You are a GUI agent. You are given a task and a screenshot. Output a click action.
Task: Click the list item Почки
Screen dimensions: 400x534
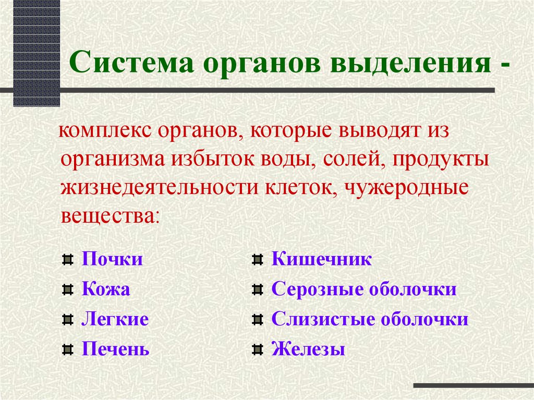(112, 259)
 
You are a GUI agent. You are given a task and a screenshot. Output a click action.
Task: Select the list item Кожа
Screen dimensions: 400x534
(106, 289)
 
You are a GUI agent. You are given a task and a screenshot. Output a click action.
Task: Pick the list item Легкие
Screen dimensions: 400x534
(115, 319)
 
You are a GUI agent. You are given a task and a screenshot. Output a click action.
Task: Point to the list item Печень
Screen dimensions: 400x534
(115, 349)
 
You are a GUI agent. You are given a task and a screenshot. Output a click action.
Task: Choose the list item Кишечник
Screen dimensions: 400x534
(322, 259)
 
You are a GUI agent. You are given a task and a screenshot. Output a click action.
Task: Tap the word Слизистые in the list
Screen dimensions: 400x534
(322, 319)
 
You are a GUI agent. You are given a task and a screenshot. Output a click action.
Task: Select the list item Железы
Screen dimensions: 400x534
(308, 349)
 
